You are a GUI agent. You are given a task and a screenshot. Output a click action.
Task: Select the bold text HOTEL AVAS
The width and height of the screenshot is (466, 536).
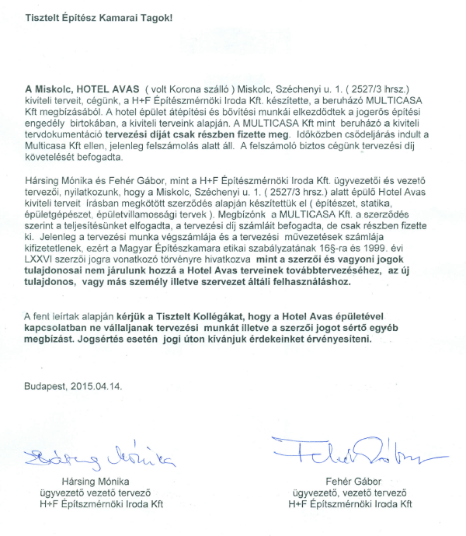pyautogui.click(x=96, y=89)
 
